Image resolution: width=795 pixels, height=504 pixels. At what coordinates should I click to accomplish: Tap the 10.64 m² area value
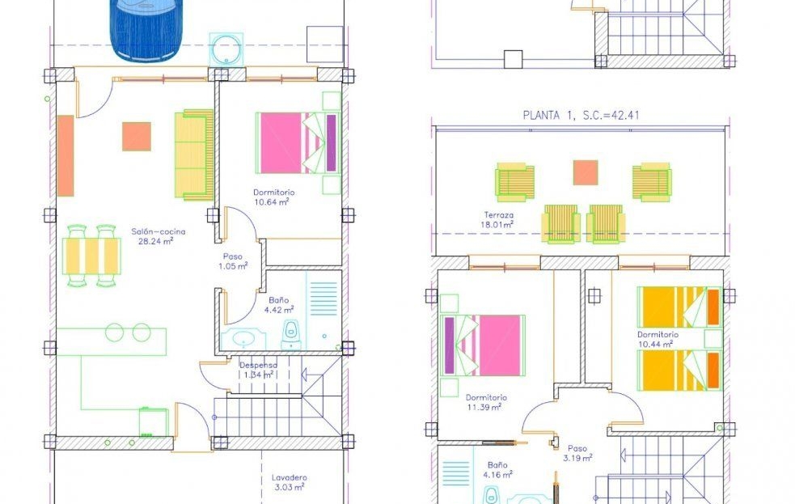point(271,201)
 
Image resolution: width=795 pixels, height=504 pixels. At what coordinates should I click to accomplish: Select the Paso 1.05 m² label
point(233,261)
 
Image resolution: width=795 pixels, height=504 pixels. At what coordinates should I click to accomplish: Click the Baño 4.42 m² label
point(279,305)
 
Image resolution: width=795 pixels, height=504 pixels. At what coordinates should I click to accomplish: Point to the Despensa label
point(259,365)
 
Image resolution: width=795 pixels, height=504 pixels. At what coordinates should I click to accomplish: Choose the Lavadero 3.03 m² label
point(289,482)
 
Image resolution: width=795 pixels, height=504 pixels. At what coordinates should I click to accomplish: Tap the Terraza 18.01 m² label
point(498,219)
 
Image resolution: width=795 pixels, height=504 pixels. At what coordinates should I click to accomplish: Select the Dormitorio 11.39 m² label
point(486,402)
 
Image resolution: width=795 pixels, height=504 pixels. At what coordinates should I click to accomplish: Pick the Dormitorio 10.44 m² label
point(657,339)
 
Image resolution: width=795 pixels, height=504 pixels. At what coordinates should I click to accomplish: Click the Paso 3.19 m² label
point(577,453)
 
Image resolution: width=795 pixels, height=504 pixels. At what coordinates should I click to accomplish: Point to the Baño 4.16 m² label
point(497,469)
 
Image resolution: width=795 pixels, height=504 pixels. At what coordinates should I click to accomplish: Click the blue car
point(146,29)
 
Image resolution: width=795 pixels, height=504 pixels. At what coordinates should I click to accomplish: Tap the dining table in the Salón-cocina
point(91,256)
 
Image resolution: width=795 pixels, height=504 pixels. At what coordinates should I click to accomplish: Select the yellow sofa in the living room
point(194,155)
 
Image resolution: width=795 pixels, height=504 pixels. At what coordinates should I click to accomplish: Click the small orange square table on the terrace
point(586,172)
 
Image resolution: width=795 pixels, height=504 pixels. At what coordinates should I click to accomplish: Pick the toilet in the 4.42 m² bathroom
point(290,334)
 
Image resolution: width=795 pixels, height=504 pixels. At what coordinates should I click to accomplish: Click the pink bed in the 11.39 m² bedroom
point(483,345)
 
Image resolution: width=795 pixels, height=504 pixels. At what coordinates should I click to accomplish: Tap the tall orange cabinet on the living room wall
point(66,155)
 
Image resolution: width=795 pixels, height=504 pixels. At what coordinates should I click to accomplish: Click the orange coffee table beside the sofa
point(137,137)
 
